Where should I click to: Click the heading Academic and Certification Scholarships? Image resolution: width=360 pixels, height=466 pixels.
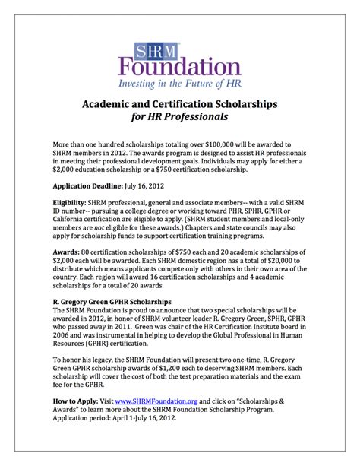coord(180,102)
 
